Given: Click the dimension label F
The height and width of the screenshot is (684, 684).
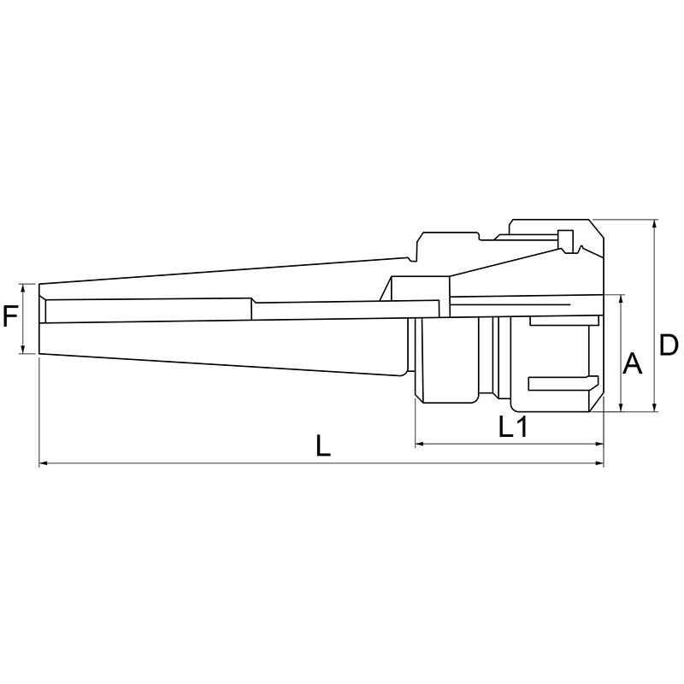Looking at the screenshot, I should pos(10,319).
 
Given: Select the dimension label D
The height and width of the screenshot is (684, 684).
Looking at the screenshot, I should pos(668,345).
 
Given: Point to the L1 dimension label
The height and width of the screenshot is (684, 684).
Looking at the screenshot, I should pos(512,427).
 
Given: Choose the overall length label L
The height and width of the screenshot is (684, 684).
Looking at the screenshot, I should pos(322,445).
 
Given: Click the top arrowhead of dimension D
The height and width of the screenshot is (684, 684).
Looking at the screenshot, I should pos(654,225).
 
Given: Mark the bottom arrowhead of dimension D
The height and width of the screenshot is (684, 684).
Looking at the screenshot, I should pos(654,406).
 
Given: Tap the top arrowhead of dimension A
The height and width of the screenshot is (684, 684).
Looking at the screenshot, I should pos(621,299).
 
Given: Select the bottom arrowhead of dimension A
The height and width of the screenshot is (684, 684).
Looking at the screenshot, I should pos(621,406).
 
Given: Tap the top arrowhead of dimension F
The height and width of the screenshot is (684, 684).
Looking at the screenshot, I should pos(24,288).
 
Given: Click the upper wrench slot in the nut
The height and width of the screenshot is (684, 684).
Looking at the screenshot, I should pos(560,321).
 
